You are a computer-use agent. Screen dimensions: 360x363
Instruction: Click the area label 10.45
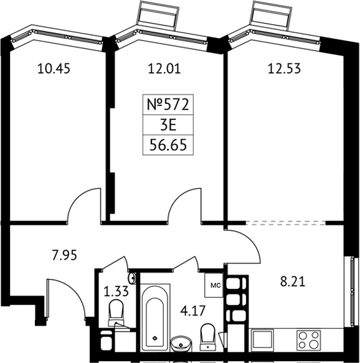click(54, 68)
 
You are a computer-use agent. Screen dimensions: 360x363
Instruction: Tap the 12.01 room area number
click(164, 68)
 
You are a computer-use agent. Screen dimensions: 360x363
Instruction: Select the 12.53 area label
click(284, 68)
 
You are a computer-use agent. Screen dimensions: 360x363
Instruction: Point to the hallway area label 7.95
click(64, 255)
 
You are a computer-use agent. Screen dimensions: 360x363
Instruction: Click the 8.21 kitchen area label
click(293, 281)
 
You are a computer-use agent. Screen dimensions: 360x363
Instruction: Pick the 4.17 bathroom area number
click(193, 311)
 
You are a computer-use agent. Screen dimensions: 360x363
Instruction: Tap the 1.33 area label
click(116, 291)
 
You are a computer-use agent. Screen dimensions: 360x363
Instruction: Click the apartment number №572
click(168, 105)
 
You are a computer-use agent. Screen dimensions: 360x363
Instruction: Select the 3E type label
click(168, 125)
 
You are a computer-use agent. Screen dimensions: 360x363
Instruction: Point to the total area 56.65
click(168, 145)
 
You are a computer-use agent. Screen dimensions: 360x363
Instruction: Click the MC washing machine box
click(214, 285)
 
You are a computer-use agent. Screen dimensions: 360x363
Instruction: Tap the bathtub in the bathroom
click(155, 317)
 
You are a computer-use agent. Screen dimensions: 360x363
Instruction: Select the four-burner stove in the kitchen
click(308, 339)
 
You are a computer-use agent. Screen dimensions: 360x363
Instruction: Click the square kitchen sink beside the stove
click(263, 339)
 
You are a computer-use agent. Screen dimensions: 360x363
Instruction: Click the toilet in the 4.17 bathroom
click(207, 337)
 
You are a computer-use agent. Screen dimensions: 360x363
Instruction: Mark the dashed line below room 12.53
click(285, 223)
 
